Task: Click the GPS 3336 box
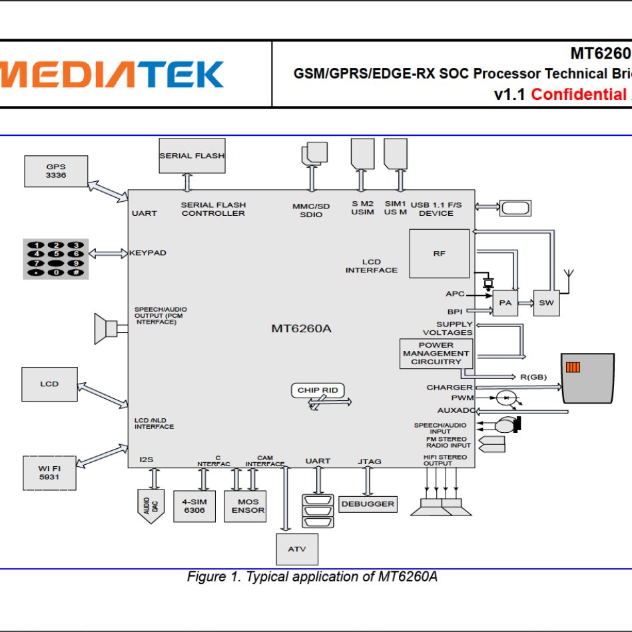pyautogui.click(x=55, y=171)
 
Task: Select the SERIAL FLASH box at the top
pyautogui.click(x=192, y=156)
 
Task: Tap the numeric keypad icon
pyautogui.click(x=56, y=258)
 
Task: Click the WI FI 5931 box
pyautogui.click(x=49, y=473)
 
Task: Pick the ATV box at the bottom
pyautogui.click(x=297, y=549)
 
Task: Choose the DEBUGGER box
pyautogui.click(x=368, y=504)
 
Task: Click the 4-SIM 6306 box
pyautogui.click(x=194, y=506)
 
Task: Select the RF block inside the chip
pyautogui.click(x=439, y=254)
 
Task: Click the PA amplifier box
pyautogui.click(x=505, y=303)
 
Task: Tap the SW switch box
pyautogui.click(x=546, y=303)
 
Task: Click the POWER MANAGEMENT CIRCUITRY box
pyautogui.click(x=436, y=354)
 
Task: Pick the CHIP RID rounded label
pyautogui.click(x=318, y=390)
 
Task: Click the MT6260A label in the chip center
pyautogui.click(x=301, y=328)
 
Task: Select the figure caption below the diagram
pyautogui.click(x=312, y=577)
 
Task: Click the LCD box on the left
pyautogui.click(x=49, y=384)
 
